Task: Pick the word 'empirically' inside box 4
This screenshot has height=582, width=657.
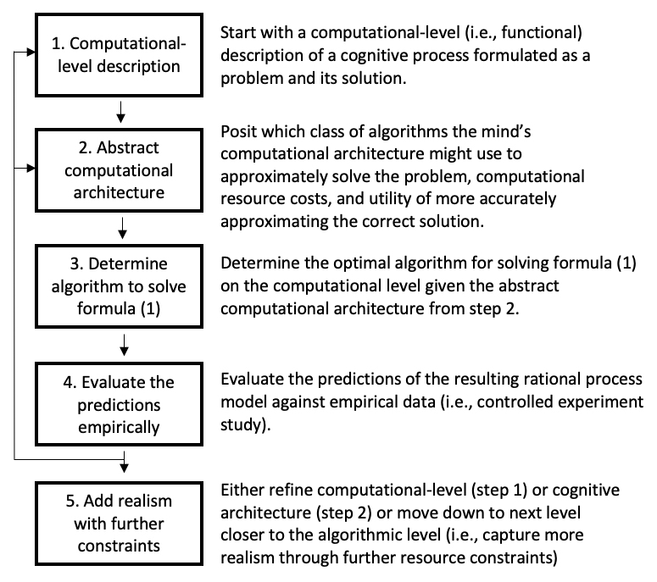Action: tap(125, 426)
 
